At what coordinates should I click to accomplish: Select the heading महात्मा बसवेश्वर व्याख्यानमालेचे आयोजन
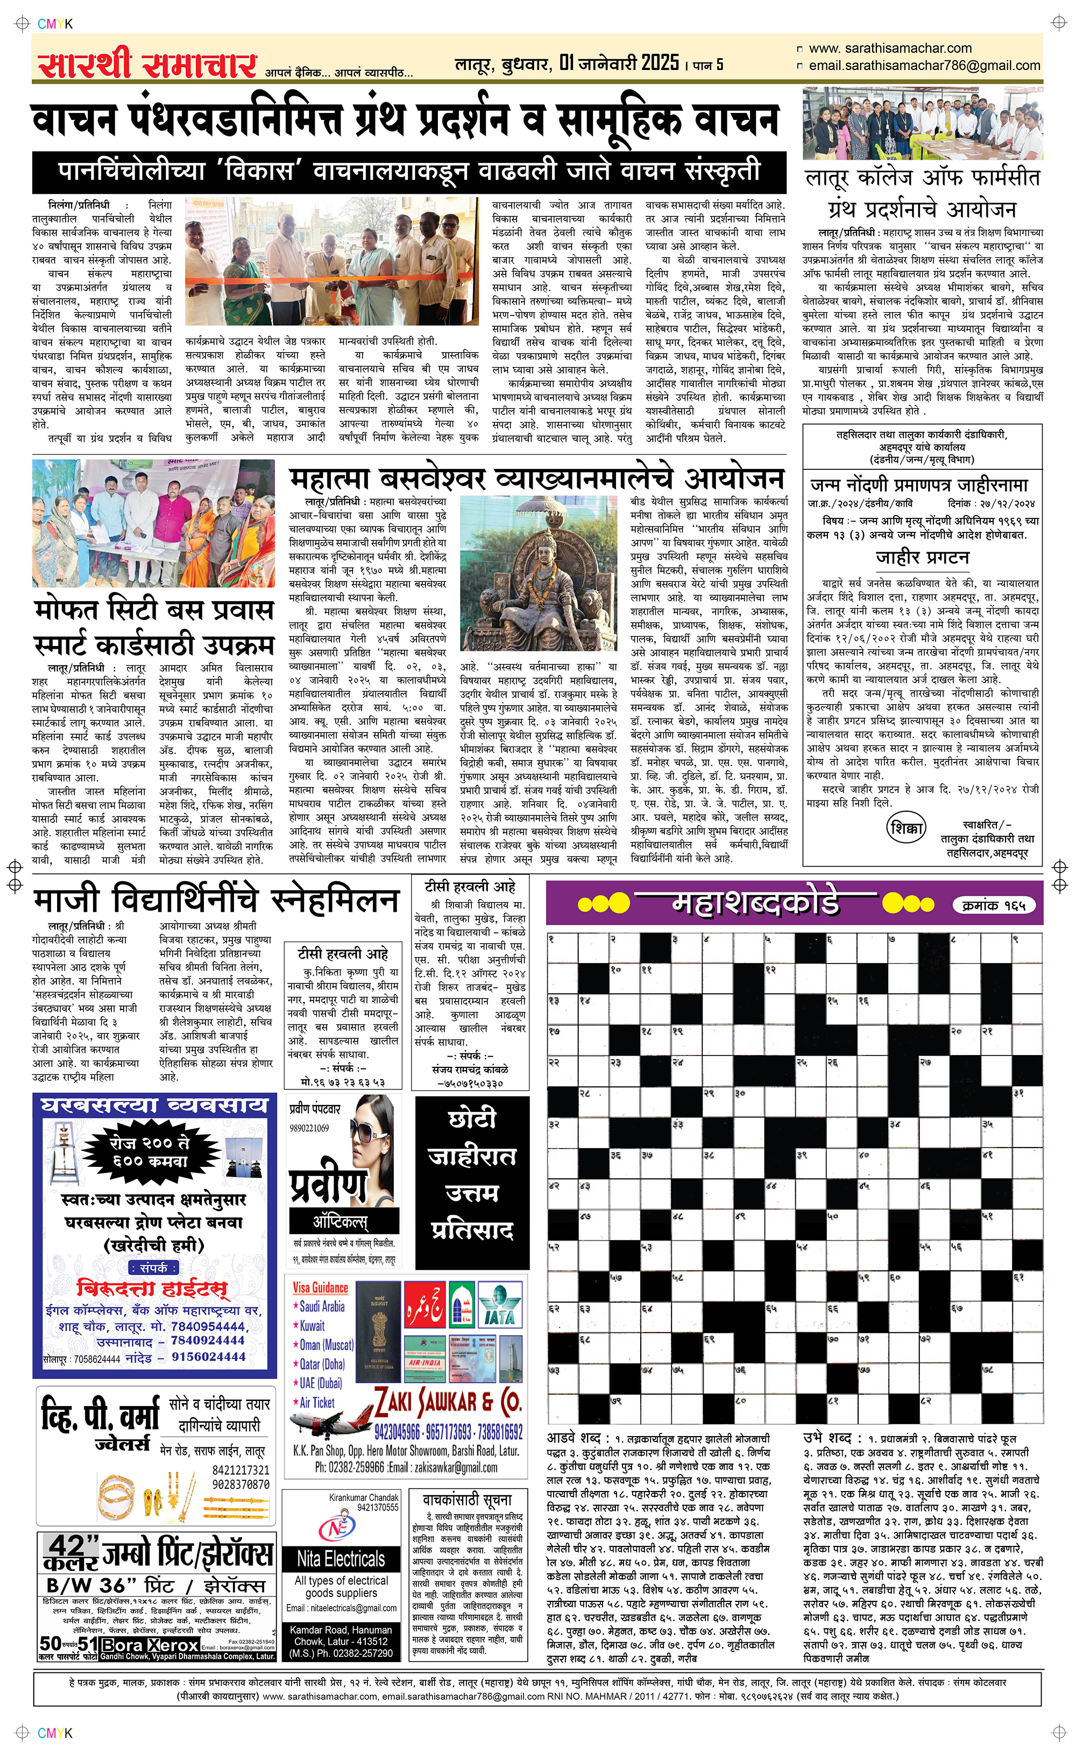(x=537, y=479)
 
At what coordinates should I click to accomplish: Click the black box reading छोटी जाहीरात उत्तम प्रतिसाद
(x=472, y=1175)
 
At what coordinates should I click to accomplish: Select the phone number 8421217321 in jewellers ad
(x=240, y=1470)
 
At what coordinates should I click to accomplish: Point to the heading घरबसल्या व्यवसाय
(x=154, y=1105)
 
